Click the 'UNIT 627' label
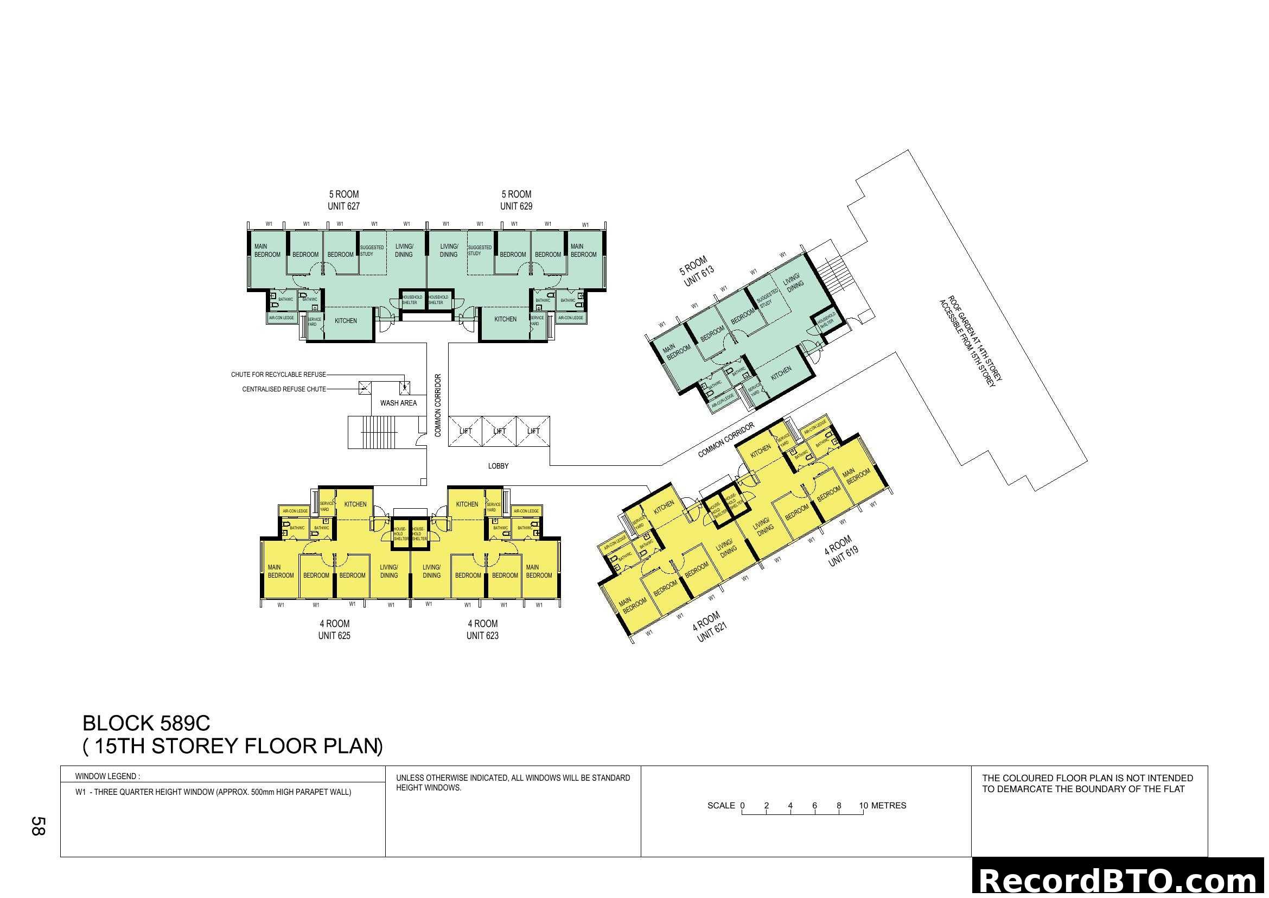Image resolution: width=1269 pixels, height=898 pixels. [343, 206]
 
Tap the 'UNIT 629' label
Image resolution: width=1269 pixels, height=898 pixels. [515, 206]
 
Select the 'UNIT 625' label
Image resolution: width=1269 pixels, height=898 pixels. [334, 636]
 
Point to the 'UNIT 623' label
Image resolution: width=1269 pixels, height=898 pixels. [482, 636]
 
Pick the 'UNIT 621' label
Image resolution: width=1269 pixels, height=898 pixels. [712, 632]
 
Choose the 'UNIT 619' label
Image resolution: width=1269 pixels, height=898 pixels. [844, 556]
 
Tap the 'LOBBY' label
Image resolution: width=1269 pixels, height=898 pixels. [498, 466]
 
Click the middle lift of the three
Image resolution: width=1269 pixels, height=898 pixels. [499, 431]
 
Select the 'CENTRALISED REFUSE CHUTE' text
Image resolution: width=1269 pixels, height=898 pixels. [284, 389]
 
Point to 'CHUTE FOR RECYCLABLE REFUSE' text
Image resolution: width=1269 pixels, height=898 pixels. [278, 375]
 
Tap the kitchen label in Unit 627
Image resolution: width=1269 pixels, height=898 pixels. [346, 321]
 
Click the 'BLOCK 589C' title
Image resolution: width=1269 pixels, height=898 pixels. [146, 723]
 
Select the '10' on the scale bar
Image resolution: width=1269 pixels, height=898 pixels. [863, 806]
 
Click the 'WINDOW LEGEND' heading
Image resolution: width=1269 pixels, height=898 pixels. [107, 776]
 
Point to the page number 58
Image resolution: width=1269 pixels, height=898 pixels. [37, 826]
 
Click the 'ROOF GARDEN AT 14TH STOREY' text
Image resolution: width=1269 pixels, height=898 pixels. [975, 338]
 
